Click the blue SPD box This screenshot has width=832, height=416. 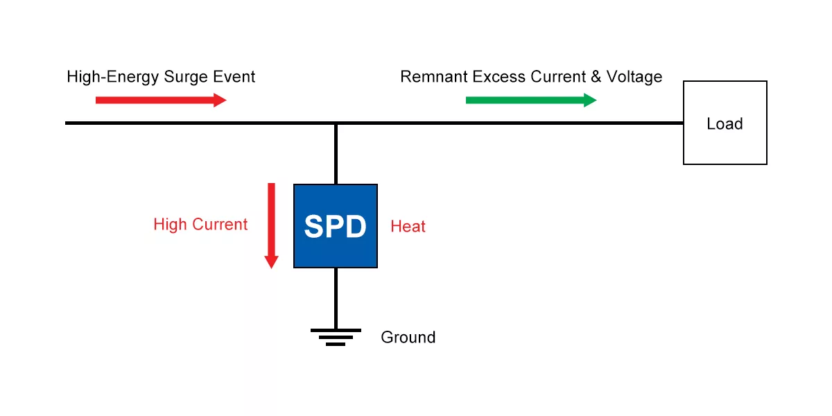point(336,226)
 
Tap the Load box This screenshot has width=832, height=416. point(725,123)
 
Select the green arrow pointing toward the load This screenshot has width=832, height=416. point(530,100)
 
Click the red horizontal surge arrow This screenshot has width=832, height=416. point(161,100)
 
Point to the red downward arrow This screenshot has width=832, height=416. point(271,225)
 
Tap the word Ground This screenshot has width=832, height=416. point(408,338)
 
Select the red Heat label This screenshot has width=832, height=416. point(408,227)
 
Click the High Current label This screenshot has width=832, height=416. point(200,225)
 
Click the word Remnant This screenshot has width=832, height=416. point(433,77)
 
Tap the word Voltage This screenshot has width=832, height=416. point(634,77)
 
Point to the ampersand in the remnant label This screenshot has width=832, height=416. point(596,77)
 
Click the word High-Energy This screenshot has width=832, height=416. point(114,77)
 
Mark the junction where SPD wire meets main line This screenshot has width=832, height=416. point(336,123)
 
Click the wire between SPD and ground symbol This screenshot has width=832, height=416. point(336,298)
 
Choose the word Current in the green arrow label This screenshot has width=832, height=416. point(559,77)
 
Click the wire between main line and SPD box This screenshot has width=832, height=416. point(336,154)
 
